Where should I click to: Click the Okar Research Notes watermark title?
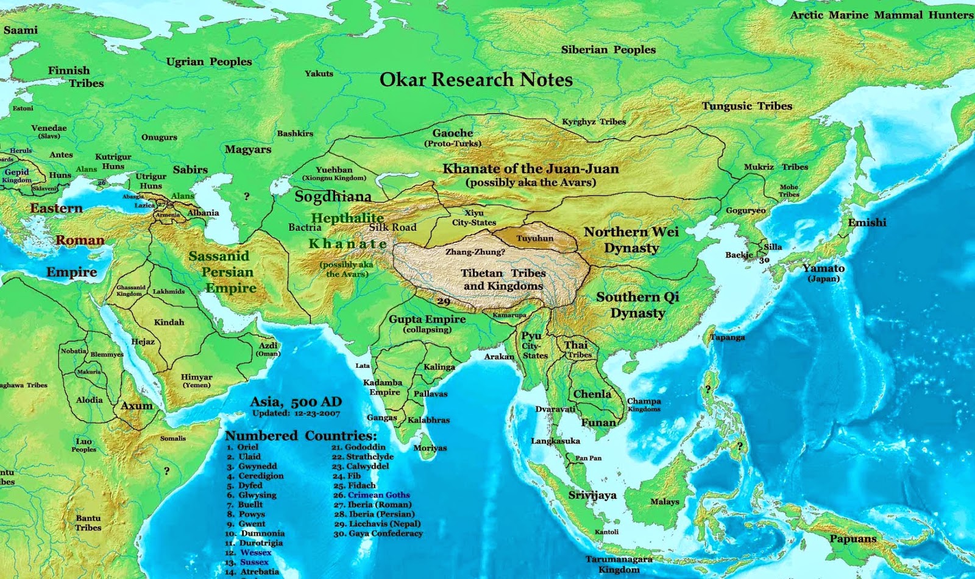click(476, 80)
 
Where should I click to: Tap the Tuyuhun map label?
click(535, 238)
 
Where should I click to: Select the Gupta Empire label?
click(427, 319)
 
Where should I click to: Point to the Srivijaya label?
click(592, 495)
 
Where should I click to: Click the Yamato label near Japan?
click(823, 268)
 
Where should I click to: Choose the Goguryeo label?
click(745, 211)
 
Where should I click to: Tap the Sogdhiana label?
click(333, 197)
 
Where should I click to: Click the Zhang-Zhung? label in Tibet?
click(475, 251)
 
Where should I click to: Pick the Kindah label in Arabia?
click(169, 322)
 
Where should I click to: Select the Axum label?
click(136, 405)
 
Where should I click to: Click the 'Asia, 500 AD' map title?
click(296, 402)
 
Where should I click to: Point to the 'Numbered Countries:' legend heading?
click(301, 436)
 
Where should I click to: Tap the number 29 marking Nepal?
click(444, 301)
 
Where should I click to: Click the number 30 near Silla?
click(765, 260)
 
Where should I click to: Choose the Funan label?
click(598, 423)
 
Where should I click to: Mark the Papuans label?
click(853, 539)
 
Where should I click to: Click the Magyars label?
click(248, 149)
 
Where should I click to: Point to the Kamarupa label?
click(509, 315)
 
